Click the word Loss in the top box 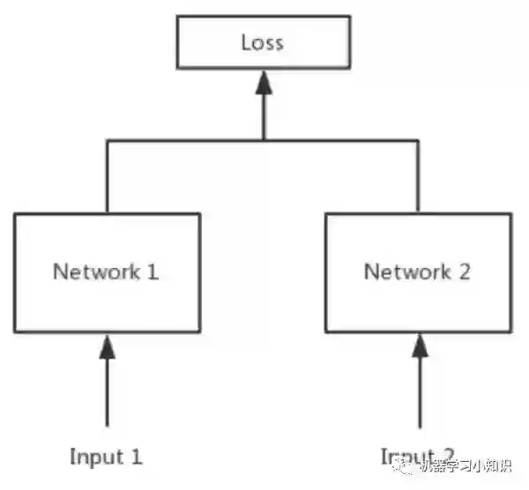coord(264,42)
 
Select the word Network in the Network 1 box coord(94,271)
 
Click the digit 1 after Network coord(153,271)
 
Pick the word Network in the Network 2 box coord(405,271)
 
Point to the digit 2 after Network coord(464,271)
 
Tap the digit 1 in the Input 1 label coord(137,457)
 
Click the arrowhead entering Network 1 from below coord(107,345)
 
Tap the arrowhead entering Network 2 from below coord(418,345)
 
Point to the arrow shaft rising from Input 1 coord(107,392)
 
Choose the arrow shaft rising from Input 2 coord(418,392)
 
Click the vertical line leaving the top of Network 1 coord(107,176)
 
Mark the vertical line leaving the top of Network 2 coord(418,176)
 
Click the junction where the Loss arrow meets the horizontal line coord(264,139)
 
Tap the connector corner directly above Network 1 coord(107,139)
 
